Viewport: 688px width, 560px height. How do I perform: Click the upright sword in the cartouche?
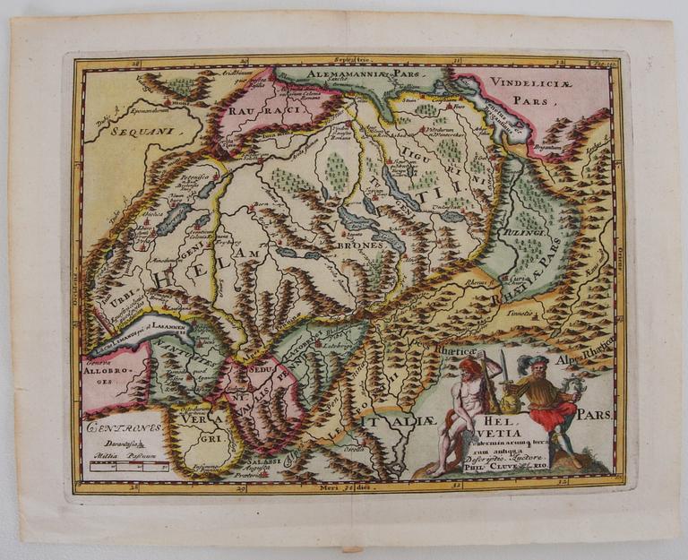coord(503,370)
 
